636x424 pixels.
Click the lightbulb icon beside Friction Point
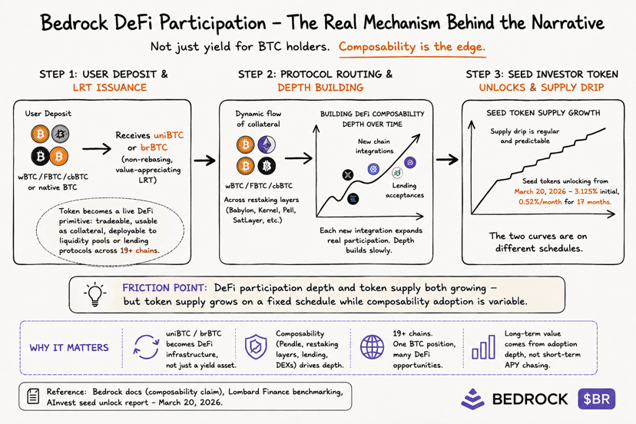pyautogui.click(x=95, y=293)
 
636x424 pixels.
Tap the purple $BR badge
pyautogui.click(x=597, y=399)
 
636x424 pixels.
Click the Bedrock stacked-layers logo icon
pyautogui.click(x=472, y=399)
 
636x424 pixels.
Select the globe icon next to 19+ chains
pyautogui.click(x=372, y=347)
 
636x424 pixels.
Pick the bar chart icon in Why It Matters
pyautogui.click(x=483, y=347)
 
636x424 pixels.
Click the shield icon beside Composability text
pyautogui.click(x=256, y=347)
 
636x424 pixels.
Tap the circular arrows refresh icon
pyautogui.click(x=146, y=347)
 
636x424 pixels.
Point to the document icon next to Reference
pyautogui.click(x=33, y=396)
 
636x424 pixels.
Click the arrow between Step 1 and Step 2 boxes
pyautogui.click(x=205, y=161)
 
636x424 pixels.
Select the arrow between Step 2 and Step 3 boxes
pyautogui.click(x=447, y=160)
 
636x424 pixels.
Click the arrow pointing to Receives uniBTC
pyautogui.click(x=97, y=149)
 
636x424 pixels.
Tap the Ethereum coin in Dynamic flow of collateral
pyautogui.click(x=266, y=144)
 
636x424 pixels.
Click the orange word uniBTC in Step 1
pyautogui.click(x=169, y=135)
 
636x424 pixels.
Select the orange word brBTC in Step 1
pyautogui.click(x=154, y=147)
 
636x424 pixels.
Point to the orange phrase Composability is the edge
pyautogui.click(x=412, y=47)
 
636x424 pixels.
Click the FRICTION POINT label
pyautogui.click(x=164, y=288)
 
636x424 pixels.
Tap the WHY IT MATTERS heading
pyautogui.click(x=69, y=348)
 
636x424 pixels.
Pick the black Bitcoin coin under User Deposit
pyautogui.click(x=40, y=156)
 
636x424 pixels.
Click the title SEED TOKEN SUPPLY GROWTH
pyautogui.click(x=543, y=113)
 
